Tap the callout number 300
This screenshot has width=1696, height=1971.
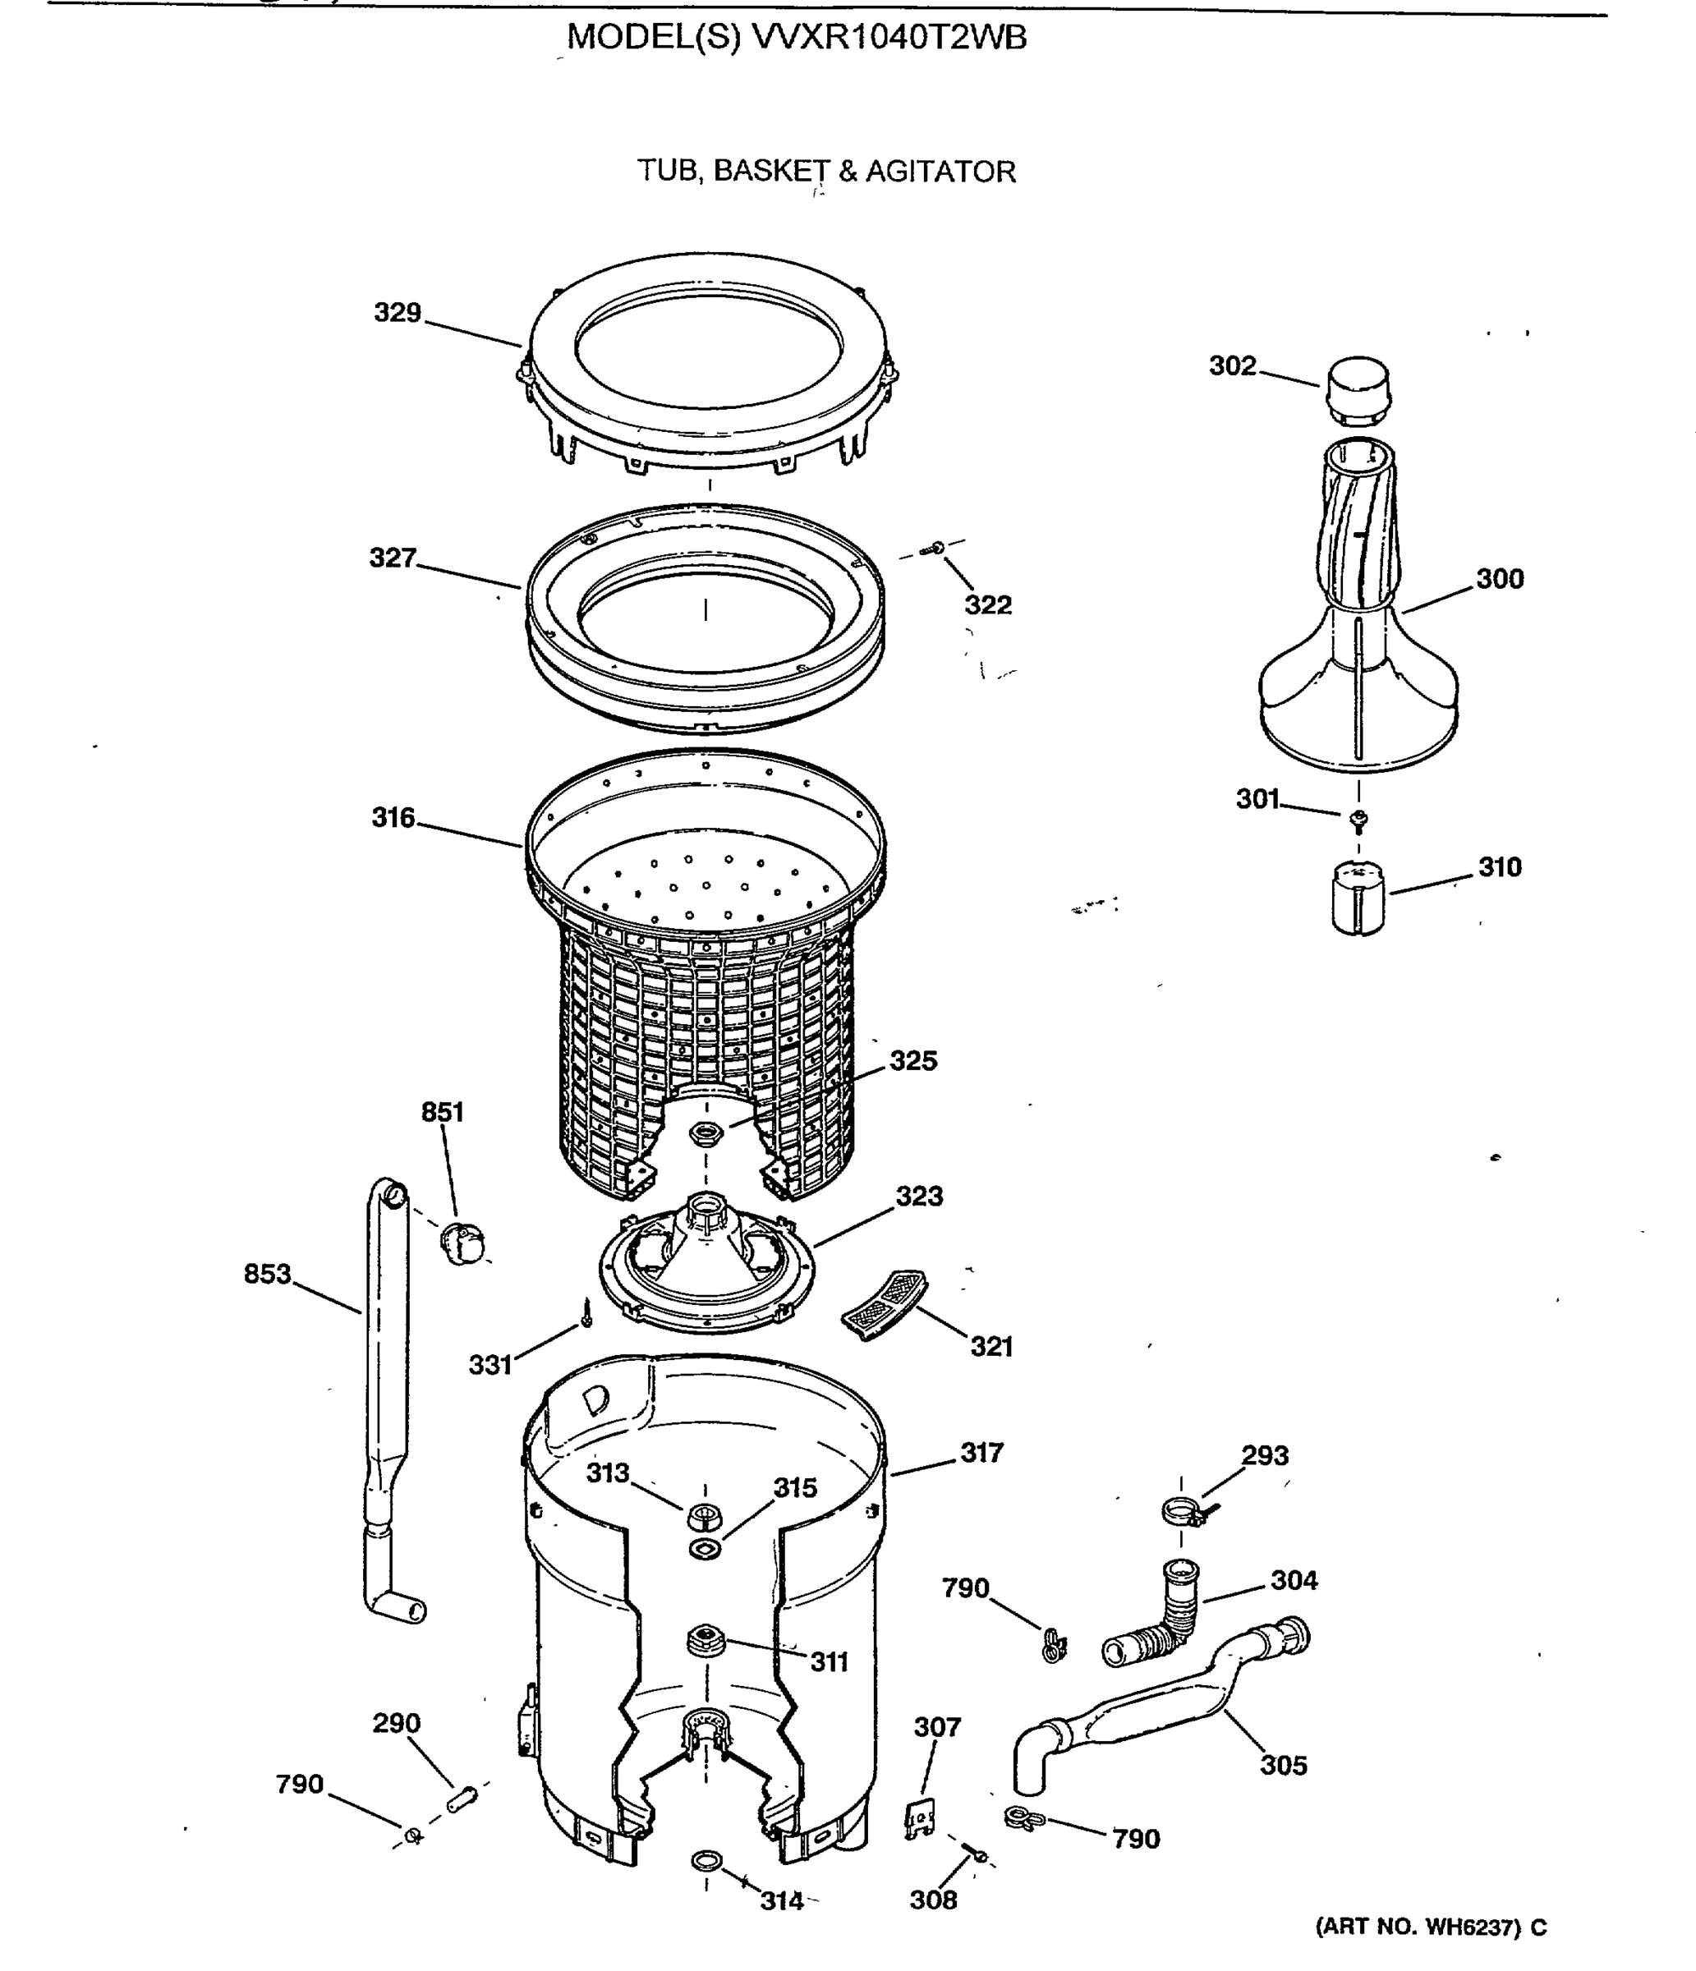click(1499, 578)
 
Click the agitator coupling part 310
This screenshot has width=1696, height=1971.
click(1358, 898)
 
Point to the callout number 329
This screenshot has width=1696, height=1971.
click(397, 312)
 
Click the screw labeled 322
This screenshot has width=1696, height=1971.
click(935, 548)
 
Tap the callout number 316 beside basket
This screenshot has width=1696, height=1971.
click(393, 817)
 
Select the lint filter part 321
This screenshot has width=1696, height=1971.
click(885, 1304)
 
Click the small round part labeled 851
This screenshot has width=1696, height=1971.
click(463, 1242)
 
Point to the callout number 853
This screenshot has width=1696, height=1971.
click(267, 1274)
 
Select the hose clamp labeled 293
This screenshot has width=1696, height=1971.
click(1184, 1510)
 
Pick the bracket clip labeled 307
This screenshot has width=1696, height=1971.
click(919, 1818)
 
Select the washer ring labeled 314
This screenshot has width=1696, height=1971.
click(706, 1861)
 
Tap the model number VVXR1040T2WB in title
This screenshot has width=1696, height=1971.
click(889, 37)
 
